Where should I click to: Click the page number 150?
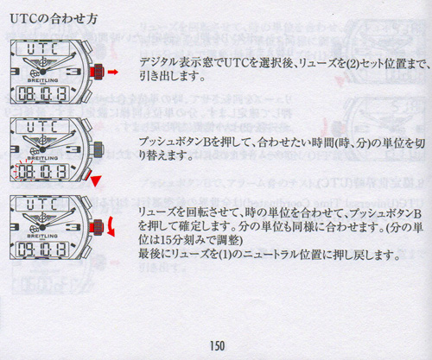coord(217,345)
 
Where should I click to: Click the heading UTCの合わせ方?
coord(54,19)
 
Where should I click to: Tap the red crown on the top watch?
coord(97,72)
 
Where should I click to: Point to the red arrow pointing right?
coord(113,72)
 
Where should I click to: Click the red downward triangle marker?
coord(95,181)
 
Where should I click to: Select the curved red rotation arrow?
coord(111,227)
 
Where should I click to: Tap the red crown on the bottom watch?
coord(97,227)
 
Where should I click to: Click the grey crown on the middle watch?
coord(97,149)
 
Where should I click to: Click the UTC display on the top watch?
coord(42,49)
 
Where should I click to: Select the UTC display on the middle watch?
coord(42,127)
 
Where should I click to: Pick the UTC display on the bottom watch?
coord(42,205)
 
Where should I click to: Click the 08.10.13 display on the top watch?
coord(42,94)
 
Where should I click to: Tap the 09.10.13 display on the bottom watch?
coord(42,249)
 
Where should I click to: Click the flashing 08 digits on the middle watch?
coord(25,172)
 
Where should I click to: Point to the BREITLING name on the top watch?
coord(42,80)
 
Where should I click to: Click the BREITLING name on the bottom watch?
coord(42,236)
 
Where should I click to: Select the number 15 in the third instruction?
coord(163,240)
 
